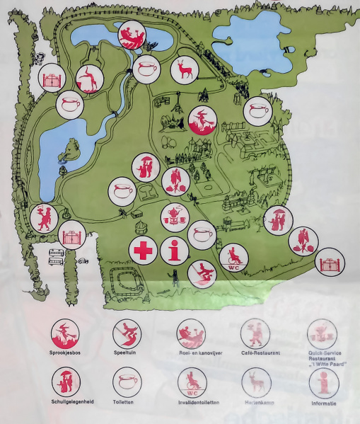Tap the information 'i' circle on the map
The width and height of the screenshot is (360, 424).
pos(175,251)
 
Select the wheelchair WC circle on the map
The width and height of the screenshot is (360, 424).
pos(233,258)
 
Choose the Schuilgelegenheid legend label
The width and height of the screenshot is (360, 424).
pos(65,403)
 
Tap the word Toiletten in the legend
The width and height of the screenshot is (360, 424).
pos(127,403)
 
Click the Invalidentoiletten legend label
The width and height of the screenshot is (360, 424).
pos(192,403)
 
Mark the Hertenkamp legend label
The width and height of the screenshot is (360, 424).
pos(256,403)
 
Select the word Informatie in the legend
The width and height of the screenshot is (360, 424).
pos(323,404)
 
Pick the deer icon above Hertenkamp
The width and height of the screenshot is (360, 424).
pos(256,382)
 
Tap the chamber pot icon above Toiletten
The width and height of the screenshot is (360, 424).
pos(127,382)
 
